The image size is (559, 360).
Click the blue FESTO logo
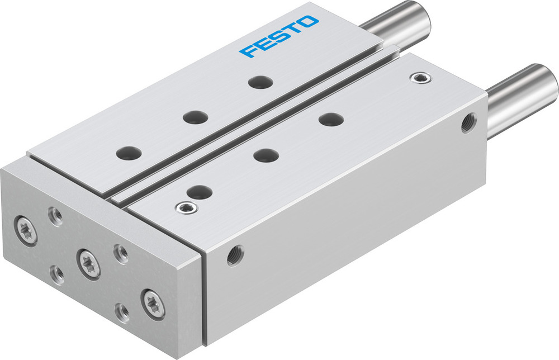[x=279, y=37]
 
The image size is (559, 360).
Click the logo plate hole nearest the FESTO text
[x=260, y=82]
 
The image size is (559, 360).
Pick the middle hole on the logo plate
[x=195, y=117]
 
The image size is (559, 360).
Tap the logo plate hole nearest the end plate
[x=129, y=152]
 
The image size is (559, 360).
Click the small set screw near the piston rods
[x=417, y=77]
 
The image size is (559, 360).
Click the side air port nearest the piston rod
[x=468, y=122]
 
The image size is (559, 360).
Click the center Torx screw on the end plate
[x=88, y=263]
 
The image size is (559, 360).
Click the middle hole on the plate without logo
[x=266, y=155]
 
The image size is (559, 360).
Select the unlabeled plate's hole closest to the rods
[x=331, y=119]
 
